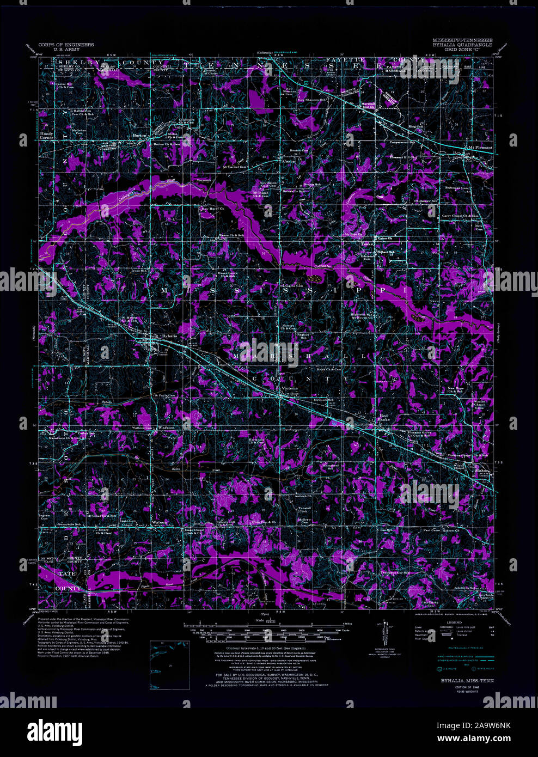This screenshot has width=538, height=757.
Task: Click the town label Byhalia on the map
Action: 170,336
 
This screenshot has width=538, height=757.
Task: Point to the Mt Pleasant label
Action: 480,148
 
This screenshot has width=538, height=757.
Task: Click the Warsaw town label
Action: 166,428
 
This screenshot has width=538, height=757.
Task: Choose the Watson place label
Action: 159,522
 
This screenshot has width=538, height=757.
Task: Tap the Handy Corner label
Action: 46,136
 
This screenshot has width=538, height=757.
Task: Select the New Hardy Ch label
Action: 213,209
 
